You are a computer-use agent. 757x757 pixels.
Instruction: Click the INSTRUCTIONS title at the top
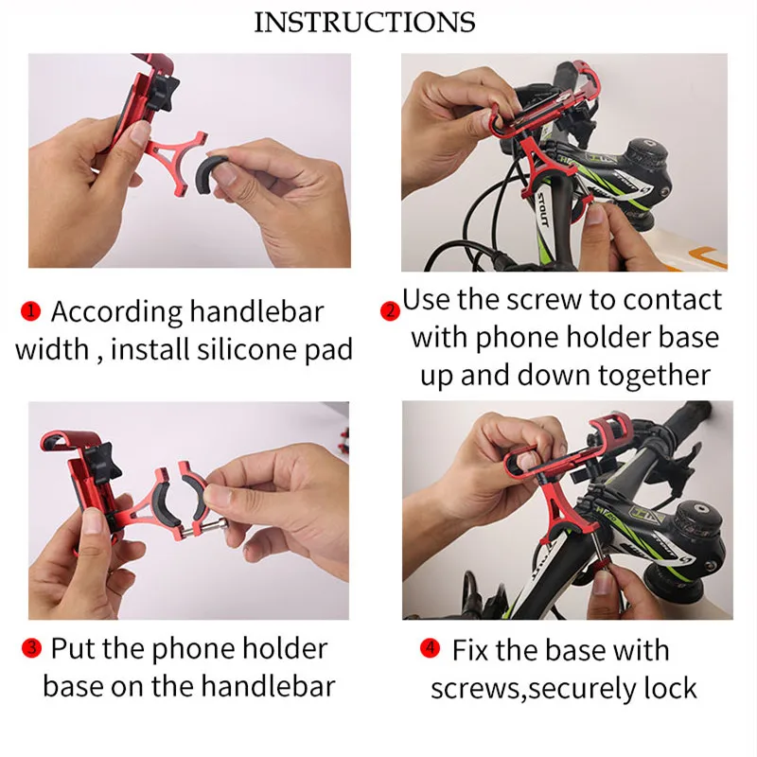point(364,23)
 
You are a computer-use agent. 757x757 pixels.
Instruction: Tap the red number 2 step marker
point(389,311)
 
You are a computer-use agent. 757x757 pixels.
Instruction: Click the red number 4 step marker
point(431,649)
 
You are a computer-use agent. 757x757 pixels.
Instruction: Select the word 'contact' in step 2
point(666,300)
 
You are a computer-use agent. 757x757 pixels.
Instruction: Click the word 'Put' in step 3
point(72,648)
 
